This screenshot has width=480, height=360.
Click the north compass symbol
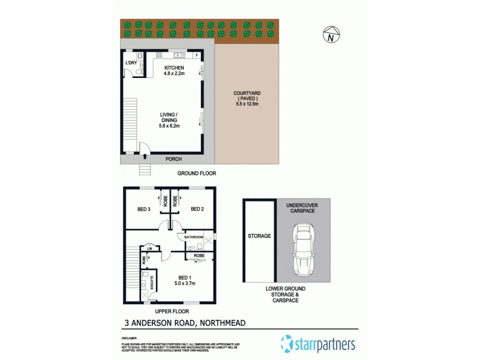(x=331, y=35)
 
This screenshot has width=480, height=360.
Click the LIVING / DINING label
(x=170, y=120)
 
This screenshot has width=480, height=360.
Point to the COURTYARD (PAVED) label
(x=246, y=98)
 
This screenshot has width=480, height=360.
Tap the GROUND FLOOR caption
(x=196, y=173)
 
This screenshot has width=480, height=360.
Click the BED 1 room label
(x=185, y=280)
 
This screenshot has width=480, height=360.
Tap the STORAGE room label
(x=259, y=236)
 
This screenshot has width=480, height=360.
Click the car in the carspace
(x=302, y=250)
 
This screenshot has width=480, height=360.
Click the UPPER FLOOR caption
(x=172, y=311)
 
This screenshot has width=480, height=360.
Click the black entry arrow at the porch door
(x=145, y=155)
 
